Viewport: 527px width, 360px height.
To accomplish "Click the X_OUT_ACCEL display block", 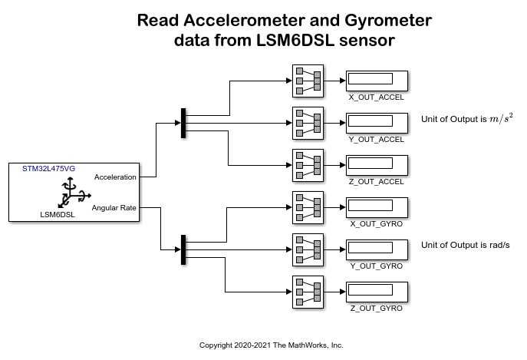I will (376, 80).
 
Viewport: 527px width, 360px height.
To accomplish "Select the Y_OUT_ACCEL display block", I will (376, 122).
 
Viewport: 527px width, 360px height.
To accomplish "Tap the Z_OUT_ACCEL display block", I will (376, 164).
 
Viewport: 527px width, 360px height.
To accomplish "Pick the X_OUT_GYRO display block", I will (376, 206).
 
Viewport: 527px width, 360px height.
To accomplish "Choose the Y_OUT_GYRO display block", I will (376, 249).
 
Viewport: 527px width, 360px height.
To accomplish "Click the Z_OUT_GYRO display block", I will (376, 292).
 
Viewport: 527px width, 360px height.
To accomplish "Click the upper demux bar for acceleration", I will (183, 124).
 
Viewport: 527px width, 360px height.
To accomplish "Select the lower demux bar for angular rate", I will (183, 249).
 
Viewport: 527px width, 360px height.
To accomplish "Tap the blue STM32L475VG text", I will (48, 168).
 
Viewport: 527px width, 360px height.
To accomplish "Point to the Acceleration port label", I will (115, 177).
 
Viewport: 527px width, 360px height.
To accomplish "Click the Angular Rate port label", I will (114, 207).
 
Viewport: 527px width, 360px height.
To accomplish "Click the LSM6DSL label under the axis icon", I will (58, 215).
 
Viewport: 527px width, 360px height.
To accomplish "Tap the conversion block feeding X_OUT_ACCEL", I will (308, 80).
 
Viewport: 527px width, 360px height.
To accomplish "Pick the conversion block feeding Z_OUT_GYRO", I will (308, 292).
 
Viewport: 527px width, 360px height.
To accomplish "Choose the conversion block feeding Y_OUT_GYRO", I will (308, 249).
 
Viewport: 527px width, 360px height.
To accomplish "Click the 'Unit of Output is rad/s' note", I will (466, 245).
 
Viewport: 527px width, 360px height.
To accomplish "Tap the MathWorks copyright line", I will (271, 345).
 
